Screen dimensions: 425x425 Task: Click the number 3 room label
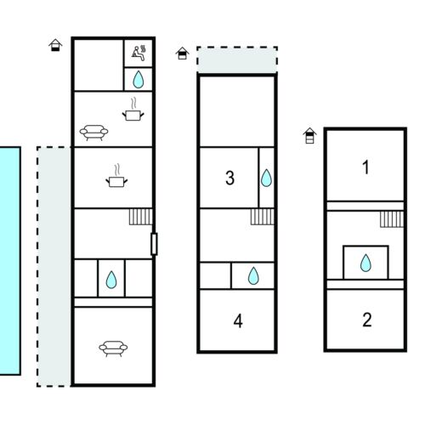pos(229,178)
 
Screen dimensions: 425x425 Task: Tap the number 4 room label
pos(238,321)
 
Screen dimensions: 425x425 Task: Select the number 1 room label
pos(365,167)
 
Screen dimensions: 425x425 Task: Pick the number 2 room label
pos(366,320)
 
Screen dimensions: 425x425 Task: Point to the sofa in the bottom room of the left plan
pos(112,347)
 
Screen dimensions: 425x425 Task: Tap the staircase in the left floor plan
pos(140,217)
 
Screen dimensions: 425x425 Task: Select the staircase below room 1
pos(391,219)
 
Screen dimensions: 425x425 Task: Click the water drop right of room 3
pos(266,178)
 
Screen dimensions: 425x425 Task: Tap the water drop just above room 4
pos(253,275)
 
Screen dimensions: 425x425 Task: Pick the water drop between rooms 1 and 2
pos(365,263)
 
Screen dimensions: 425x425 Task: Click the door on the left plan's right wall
pos(154,243)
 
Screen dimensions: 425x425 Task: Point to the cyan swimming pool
pos(9,260)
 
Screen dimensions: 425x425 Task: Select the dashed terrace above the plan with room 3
pos(237,59)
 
